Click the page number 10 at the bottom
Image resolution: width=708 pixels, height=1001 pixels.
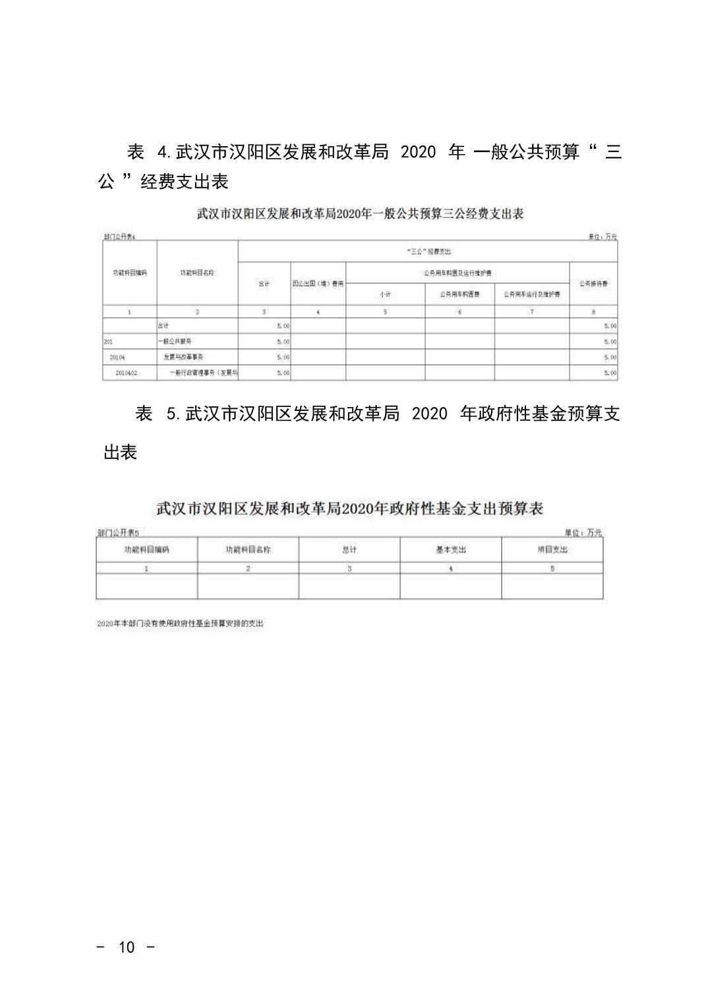[126, 947]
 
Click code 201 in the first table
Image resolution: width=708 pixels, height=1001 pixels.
[109, 342]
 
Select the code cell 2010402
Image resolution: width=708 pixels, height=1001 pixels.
[126, 373]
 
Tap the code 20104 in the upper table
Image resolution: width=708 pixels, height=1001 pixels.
[117, 357]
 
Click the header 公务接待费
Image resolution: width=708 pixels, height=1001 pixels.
[593, 284]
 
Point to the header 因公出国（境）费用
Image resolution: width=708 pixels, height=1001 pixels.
[318, 284]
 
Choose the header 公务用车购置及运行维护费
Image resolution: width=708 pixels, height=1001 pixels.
[457, 273]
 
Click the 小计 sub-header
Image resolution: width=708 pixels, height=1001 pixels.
[385, 294]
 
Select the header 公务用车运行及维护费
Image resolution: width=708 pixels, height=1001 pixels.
[531, 294]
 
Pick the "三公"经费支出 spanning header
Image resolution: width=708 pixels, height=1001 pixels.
[427, 252]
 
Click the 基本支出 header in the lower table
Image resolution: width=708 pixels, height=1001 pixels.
[450, 550]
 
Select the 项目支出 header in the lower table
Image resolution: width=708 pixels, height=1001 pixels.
[552, 550]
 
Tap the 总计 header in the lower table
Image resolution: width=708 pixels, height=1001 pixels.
[349, 550]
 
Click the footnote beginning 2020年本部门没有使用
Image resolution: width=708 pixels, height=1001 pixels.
[180, 624]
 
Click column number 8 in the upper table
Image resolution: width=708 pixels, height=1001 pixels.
[593, 312]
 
